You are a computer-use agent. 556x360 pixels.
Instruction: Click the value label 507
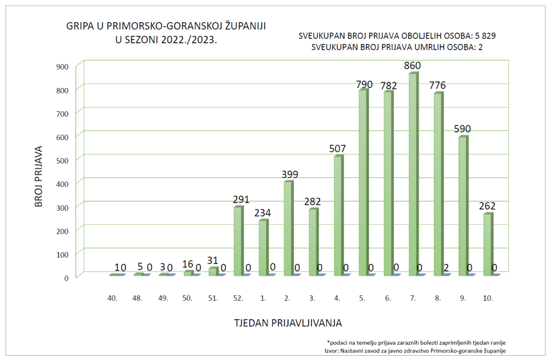point(338,149)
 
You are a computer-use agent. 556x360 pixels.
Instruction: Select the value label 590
point(463,129)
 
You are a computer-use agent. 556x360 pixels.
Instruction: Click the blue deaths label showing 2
point(445,267)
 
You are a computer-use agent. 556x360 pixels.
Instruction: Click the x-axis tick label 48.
point(138,298)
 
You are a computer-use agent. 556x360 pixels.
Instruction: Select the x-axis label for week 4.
point(337,298)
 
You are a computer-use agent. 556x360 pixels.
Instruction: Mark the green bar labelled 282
point(313,242)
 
